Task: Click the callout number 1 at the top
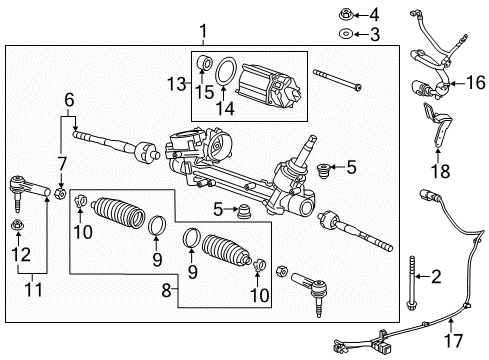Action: click(203, 32)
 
